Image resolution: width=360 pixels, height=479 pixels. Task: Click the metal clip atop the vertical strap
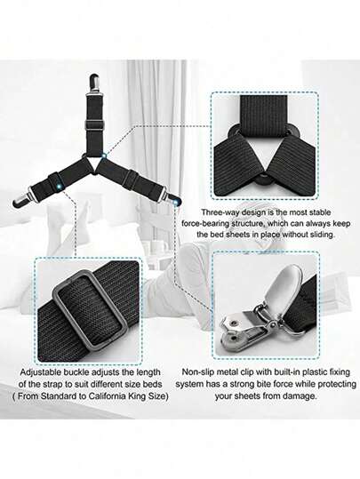[93, 84]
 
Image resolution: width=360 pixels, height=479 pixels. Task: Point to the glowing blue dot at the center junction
[104, 156]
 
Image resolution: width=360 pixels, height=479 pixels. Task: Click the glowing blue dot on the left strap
[60, 185]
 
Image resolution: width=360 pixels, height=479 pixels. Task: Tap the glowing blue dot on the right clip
[175, 202]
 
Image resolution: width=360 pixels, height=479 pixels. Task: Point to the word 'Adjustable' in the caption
[41, 372]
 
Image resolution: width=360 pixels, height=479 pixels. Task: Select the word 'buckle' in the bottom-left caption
[77, 372]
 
